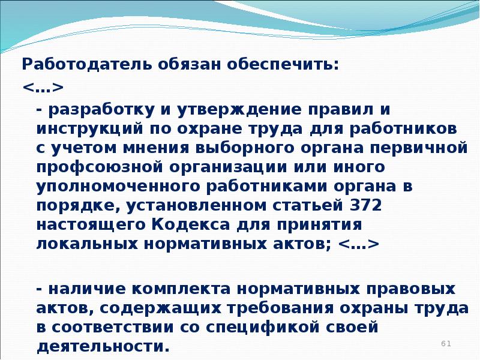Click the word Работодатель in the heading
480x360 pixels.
pos(87,65)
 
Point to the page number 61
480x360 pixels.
pos(446,343)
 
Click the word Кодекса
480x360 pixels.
pos(190,224)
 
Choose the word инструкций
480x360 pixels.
pos(89,130)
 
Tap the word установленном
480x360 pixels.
pos(197,206)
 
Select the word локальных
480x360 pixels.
pos(87,244)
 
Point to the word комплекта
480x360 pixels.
pos(181,290)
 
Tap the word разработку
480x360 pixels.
pos(101,110)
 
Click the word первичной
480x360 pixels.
pos(419,148)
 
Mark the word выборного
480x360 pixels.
pos(245,148)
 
